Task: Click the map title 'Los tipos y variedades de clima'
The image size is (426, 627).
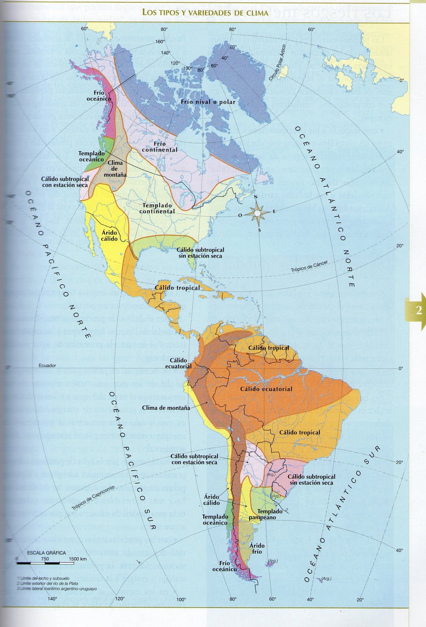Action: click(205, 13)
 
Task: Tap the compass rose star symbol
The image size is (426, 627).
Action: click(257, 212)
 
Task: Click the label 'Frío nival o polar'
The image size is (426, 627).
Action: click(208, 102)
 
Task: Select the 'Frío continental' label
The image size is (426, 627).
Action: click(160, 147)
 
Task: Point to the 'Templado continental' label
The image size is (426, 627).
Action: click(157, 208)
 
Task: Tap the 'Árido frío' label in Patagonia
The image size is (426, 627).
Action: click(257, 548)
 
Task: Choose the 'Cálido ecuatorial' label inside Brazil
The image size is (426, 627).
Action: click(266, 389)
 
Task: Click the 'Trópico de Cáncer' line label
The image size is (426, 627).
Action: click(309, 267)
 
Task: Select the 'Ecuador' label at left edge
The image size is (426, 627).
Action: click(47, 366)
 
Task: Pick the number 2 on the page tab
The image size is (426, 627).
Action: click(419, 311)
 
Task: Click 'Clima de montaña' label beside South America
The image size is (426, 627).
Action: click(166, 408)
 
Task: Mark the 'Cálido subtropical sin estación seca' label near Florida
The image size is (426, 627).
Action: click(200, 253)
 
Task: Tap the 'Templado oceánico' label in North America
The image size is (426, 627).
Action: click(91, 156)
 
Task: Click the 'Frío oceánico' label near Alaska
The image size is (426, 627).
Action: click(99, 96)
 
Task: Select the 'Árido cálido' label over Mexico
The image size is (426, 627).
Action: click(109, 236)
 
